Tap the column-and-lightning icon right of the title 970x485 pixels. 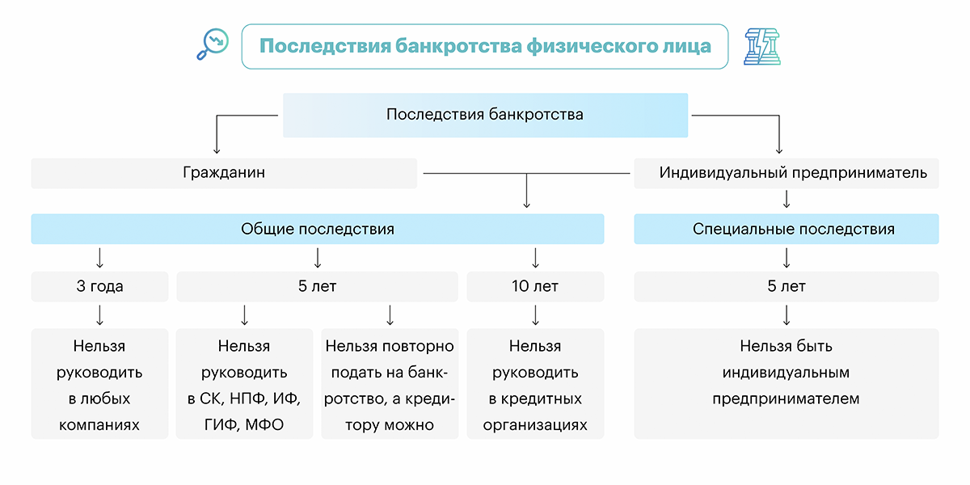tap(762, 46)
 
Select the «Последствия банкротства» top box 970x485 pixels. tap(485, 115)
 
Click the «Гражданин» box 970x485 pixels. tap(224, 173)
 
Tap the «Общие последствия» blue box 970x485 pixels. tap(318, 229)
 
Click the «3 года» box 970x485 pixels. tap(99, 286)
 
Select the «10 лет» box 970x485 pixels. tap(535, 286)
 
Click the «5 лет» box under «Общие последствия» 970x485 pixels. tap(318, 286)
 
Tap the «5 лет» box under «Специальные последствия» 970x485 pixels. tap(787, 286)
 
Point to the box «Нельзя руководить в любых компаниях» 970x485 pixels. tap(99, 385)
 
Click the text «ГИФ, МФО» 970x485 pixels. tap(244, 424)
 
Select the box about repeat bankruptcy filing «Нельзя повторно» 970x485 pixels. tap(390, 385)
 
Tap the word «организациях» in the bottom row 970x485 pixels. tap(535, 424)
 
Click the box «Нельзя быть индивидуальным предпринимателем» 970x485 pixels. tap(787, 383)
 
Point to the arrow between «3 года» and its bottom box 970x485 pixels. tap(99, 314)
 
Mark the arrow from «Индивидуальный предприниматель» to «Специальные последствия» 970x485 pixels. tap(787, 200)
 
